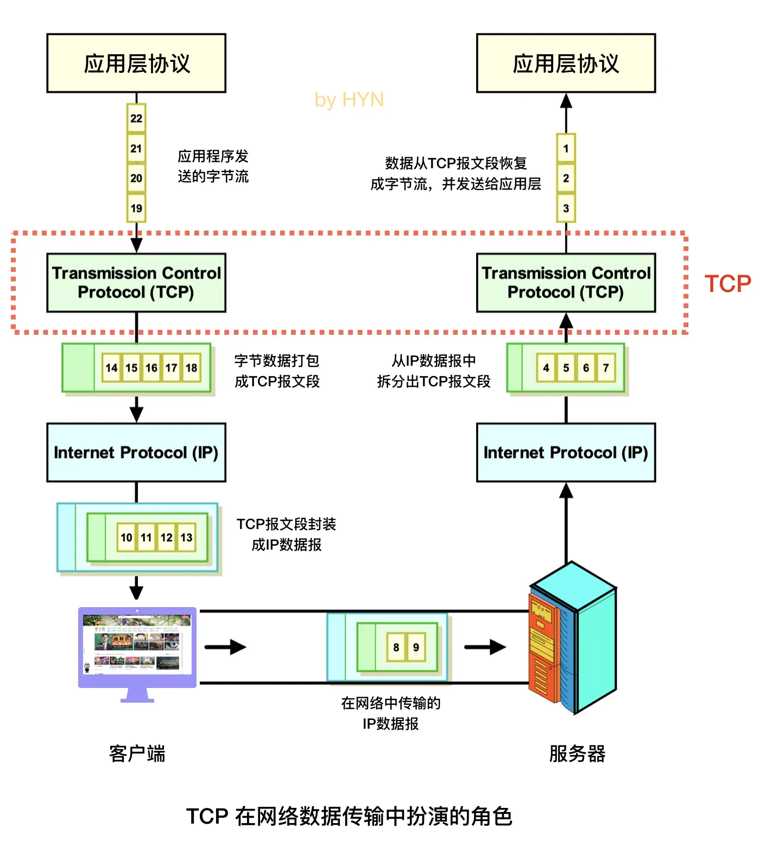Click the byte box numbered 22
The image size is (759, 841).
136,118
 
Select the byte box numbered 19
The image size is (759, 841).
136,208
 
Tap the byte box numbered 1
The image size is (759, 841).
566,149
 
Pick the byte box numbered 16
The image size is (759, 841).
151,368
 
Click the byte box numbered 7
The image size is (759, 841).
606,368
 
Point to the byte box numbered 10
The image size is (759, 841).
126,538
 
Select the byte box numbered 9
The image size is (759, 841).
416,647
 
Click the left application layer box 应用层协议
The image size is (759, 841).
136,63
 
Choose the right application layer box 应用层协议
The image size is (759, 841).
566,63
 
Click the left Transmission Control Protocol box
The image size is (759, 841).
136,283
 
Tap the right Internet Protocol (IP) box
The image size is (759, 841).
566,453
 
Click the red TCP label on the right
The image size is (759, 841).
728,284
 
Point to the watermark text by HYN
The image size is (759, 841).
349,100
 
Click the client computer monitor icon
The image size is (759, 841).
137,648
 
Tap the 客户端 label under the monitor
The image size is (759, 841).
137,754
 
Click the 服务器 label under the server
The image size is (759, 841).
577,754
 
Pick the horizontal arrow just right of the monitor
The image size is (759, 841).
225,647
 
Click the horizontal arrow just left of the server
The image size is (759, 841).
485,647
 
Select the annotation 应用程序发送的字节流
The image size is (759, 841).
213,167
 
